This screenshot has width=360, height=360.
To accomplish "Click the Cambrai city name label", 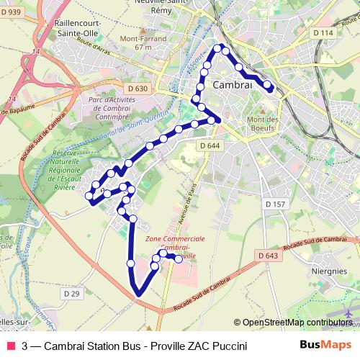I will (x=233, y=85).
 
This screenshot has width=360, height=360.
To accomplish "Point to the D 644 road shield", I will (x=210, y=145).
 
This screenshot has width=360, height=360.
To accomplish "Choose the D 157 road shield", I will (x=276, y=204).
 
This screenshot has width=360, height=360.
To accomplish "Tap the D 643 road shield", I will (x=266, y=256).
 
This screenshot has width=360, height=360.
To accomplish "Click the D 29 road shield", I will (x=71, y=294).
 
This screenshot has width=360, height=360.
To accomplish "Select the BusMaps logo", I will (x=325, y=346).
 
